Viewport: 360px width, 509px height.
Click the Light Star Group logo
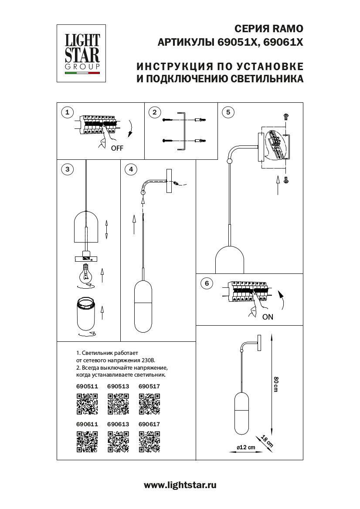point(82,53)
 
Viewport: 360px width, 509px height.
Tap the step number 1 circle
point(67,113)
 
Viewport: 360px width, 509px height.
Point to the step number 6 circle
point(207,283)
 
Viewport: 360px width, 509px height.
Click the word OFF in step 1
point(117,148)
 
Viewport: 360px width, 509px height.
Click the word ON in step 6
point(268,317)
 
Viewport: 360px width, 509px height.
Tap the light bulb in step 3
point(86,274)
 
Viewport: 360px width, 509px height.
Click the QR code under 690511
point(87,403)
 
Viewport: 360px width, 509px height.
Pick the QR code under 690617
point(149,441)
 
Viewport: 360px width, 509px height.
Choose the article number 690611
point(87,424)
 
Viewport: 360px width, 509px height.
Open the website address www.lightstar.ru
point(180,485)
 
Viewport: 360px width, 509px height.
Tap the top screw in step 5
point(285,116)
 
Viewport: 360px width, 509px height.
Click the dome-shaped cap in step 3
point(86,226)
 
